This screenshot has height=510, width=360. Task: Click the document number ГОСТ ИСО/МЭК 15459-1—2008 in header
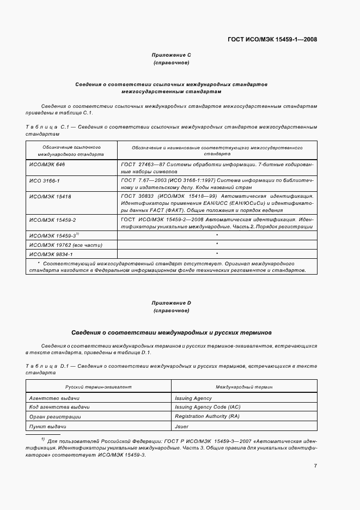272,39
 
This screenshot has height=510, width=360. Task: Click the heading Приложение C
171,55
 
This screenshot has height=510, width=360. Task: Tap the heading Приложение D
171,302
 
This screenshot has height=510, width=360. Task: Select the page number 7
315,465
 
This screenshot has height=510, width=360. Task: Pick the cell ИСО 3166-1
45,179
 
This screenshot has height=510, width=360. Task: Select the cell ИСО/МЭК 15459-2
52,219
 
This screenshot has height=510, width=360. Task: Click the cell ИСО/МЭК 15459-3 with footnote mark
54,235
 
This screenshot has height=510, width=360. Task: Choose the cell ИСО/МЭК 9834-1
51,254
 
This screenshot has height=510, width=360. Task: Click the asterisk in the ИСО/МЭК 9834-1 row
217,254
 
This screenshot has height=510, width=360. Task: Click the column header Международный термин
244,386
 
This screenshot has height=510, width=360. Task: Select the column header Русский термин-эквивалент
99,386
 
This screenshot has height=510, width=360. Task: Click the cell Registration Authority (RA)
207,417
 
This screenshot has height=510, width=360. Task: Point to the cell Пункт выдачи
48,426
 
